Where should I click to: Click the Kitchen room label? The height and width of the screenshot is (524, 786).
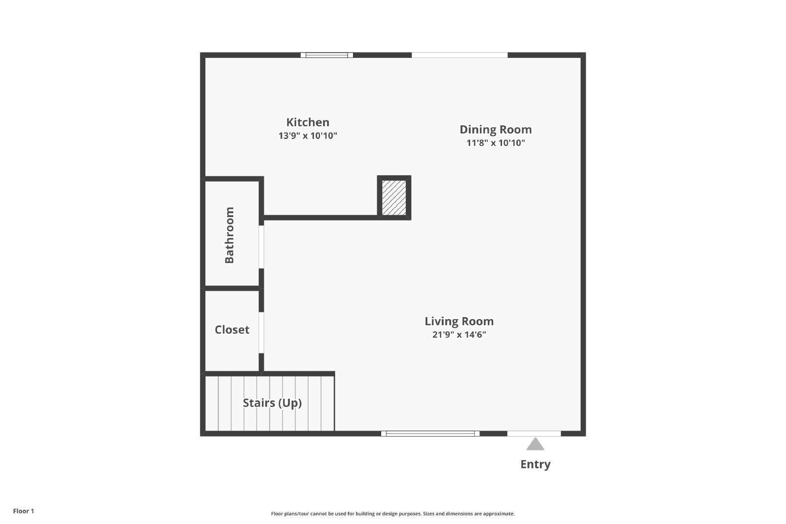308,122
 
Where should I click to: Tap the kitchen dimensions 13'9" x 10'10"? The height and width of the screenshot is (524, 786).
308,136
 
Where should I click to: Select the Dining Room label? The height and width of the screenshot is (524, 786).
495,130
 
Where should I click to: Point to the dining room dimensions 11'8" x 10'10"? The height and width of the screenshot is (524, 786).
495,143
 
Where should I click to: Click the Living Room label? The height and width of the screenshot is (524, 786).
459,321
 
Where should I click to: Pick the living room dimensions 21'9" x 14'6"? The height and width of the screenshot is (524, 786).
459,334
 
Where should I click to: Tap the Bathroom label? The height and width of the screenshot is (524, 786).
229,235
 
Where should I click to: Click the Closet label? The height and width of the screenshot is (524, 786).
232,330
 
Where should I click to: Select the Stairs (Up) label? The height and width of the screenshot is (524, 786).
272,403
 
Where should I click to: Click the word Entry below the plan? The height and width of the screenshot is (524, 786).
535,464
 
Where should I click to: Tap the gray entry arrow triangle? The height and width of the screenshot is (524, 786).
535,445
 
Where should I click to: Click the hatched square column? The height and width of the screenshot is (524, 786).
394,197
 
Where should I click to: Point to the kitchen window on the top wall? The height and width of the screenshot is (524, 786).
327,55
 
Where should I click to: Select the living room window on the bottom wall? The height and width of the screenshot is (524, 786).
430,434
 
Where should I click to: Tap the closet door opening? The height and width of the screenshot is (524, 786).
261,332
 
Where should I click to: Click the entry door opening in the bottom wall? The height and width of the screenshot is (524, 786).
534,434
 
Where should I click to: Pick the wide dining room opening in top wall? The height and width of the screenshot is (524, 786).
459,55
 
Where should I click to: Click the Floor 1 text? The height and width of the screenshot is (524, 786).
24,511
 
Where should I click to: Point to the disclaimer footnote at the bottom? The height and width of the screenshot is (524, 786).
393,514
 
